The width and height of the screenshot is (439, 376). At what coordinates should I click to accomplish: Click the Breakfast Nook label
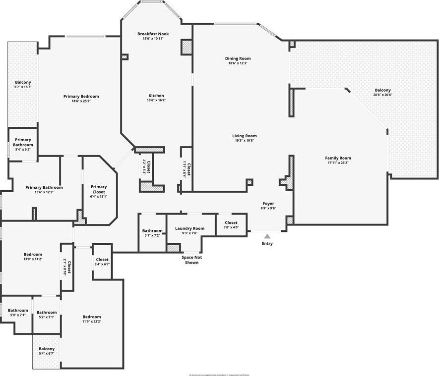click(153, 34)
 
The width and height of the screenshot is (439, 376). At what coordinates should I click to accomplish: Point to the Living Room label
click(244, 136)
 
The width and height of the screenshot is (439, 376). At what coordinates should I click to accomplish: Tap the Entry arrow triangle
click(267, 236)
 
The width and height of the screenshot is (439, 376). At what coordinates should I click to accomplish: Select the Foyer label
click(268, 204)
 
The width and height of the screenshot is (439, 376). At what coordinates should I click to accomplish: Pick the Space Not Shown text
click(191, 260)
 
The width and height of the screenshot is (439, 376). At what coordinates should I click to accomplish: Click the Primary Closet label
click(98, 189)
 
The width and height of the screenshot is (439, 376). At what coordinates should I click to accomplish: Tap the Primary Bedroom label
click(81, 96)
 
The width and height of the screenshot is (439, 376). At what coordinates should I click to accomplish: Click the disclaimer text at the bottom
click(219, 375)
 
